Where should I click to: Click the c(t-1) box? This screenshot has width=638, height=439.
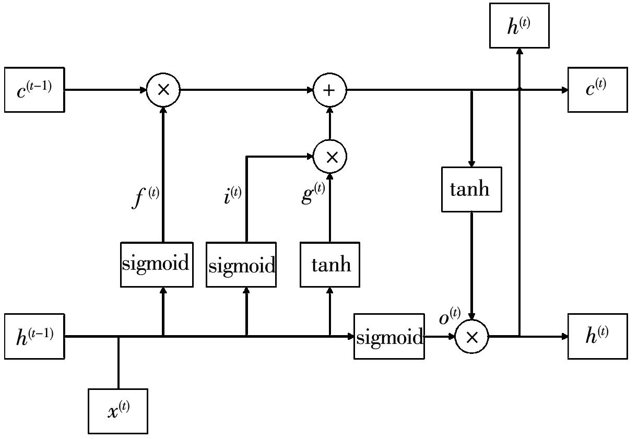coord(34,89)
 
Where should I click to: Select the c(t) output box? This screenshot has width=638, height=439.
coord(597,89)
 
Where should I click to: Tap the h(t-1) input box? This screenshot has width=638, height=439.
coord(34,336)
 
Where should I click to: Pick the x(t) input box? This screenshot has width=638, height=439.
coord(118,411)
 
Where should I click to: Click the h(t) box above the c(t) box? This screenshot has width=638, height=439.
coord(519,26)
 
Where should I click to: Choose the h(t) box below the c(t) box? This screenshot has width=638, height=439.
coord(597,336)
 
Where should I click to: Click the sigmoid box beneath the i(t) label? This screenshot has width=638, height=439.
coord(241,264)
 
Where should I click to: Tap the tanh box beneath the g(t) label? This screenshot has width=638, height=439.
coord(330,264)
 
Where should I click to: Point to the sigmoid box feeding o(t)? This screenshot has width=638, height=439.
coord(389,336)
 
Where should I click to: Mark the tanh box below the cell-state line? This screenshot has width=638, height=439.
coord(471,189)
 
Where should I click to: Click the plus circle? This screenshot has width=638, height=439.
coord(329,90)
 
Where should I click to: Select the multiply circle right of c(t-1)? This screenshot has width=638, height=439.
coord(163,90)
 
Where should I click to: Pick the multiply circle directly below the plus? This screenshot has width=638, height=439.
coord(329,157)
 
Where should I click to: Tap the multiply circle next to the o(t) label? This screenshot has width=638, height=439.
coord(471,337)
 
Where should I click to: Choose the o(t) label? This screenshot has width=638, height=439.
coord(450,316)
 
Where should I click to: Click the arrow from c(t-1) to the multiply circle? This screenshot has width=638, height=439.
coord(104,90)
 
